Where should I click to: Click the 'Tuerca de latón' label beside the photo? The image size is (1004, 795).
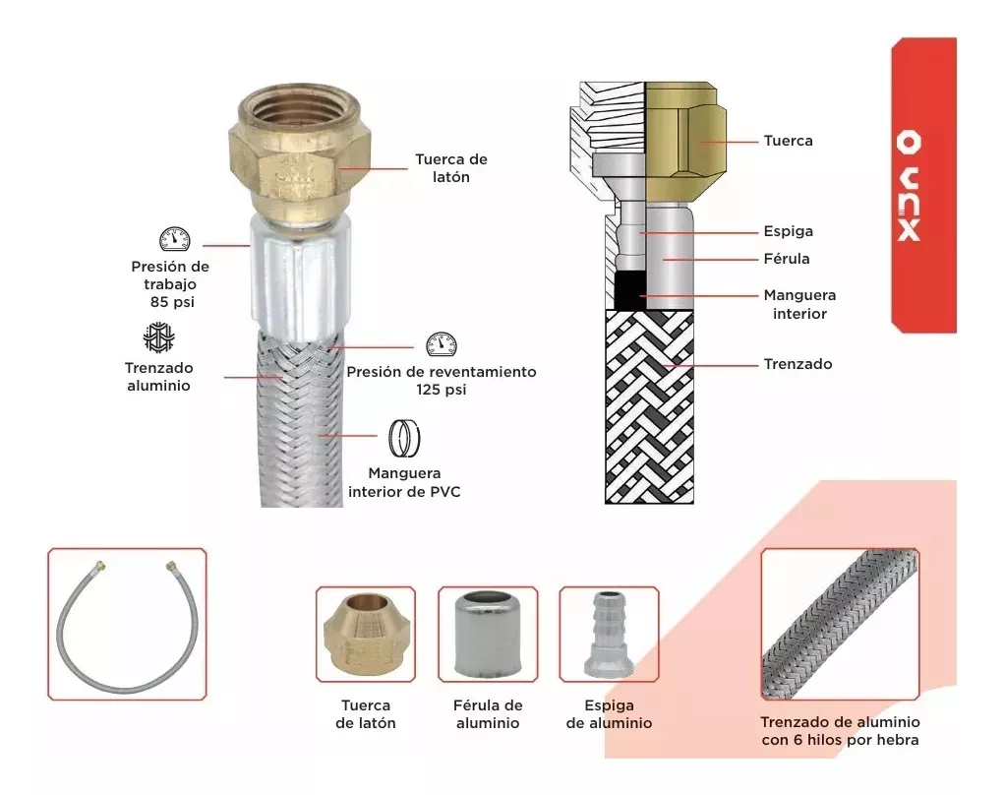pos(450,168)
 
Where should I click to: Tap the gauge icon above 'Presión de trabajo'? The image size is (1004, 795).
pos(174,239)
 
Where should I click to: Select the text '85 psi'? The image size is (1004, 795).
pos(172,302)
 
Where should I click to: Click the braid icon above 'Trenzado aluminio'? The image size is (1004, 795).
pos(158,336)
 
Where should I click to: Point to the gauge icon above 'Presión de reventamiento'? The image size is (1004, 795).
pos(442,344)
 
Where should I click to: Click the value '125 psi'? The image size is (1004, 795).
pos(442,390)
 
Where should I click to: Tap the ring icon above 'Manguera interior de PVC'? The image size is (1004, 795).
pos(404,439)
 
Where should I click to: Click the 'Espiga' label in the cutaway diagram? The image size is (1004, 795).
pos(788,231)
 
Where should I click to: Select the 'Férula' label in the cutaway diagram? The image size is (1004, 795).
pos(787,258)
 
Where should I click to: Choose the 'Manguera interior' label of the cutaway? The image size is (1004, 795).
pos(799,304)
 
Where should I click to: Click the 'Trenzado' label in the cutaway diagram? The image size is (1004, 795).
pos(797,364)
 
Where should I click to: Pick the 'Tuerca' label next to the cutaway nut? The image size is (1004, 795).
pos(788,141)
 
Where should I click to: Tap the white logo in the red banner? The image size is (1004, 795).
pos(909,185)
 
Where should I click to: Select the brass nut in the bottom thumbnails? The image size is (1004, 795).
pos(366,634)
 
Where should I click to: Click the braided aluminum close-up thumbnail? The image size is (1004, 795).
pos(840,624)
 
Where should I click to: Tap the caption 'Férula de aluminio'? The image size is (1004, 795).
pos(488,714)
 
